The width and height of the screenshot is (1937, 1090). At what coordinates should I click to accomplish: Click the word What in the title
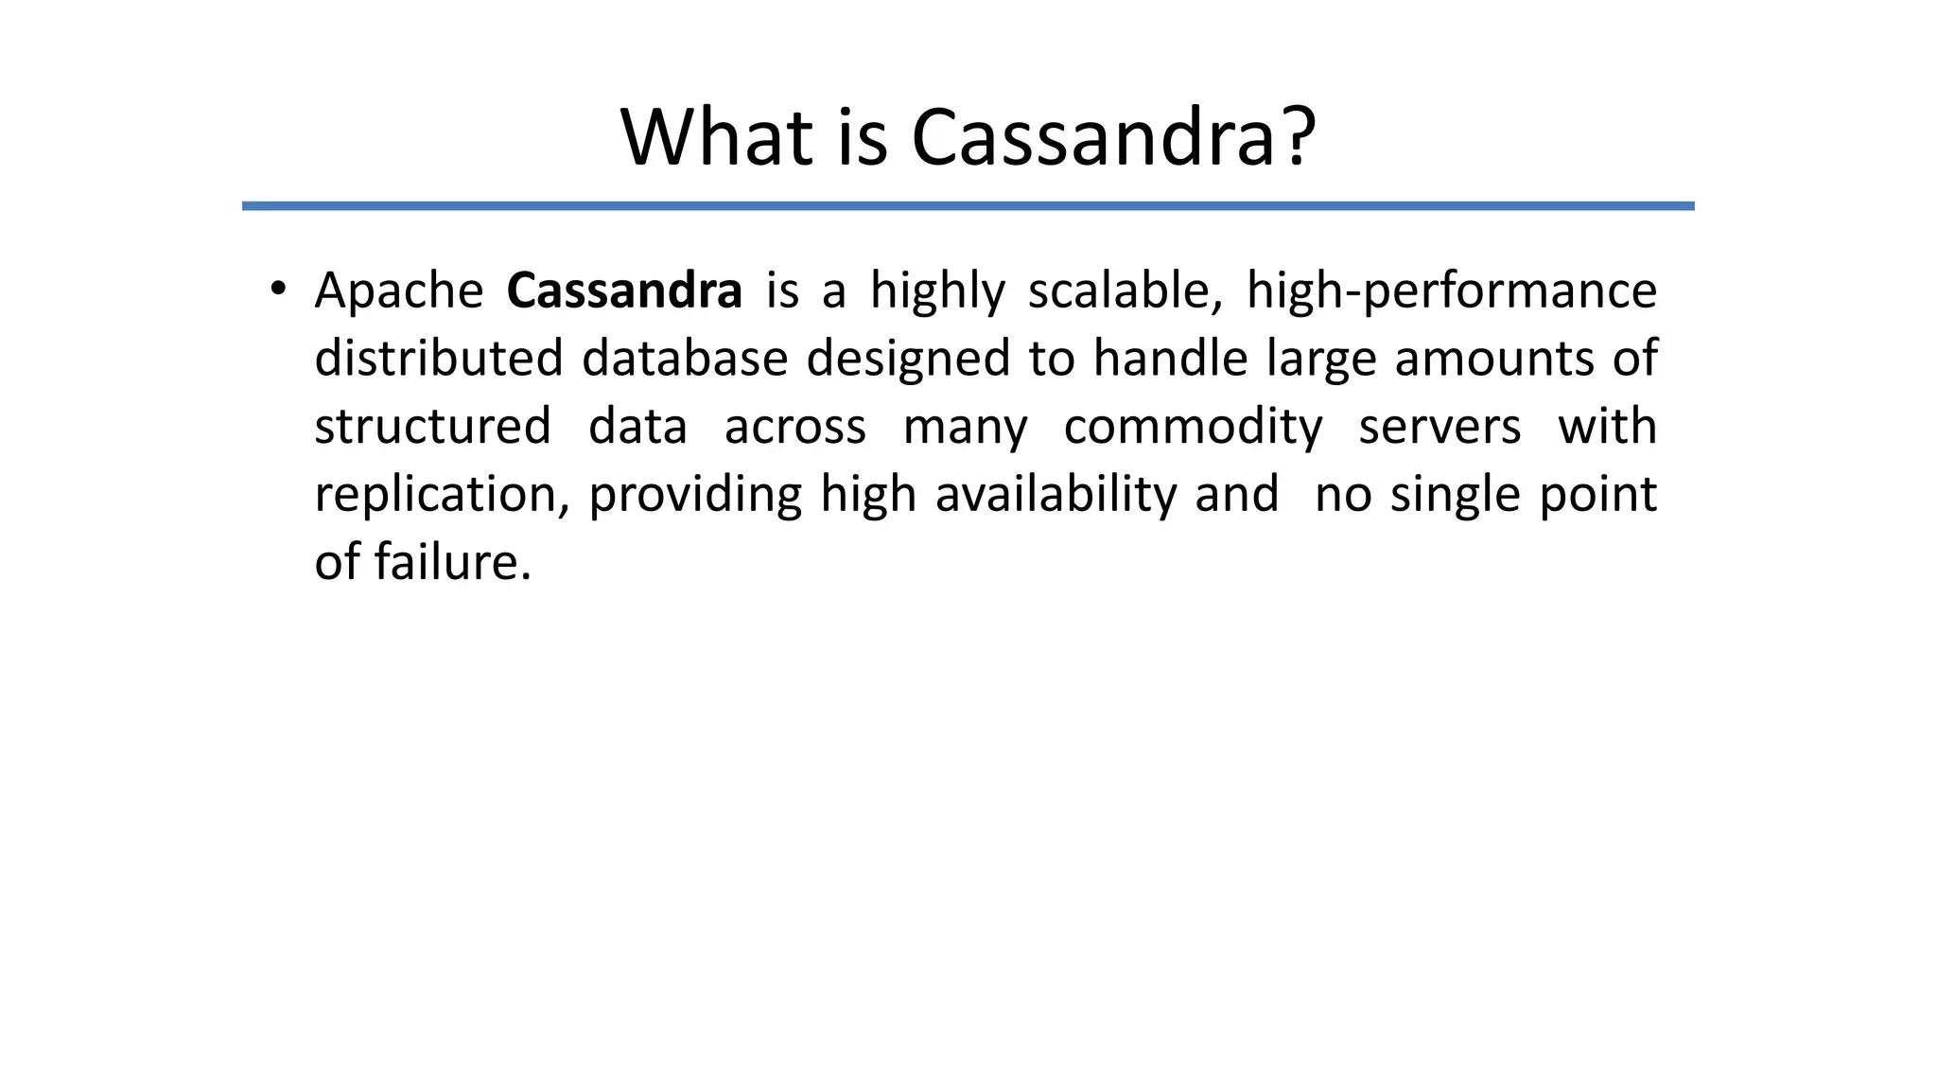[x=716, y=138]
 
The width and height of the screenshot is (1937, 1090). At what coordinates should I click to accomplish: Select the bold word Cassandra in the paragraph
[x=624, y=290]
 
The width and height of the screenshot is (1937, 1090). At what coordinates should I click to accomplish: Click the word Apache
[x=398, y=290]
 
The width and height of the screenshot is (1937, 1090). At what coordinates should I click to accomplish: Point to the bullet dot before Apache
[x=277, y=290]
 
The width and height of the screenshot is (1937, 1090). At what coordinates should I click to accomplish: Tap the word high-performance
[x=1451, y=290]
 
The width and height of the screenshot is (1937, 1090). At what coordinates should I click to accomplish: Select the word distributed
[x=438, y=359]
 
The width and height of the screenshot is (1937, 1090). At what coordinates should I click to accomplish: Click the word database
[x=685, y=359]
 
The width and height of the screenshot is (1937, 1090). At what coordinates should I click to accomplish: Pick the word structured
[x=432, y=427]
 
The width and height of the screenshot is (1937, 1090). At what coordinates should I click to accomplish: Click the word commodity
[x=1193, y=427]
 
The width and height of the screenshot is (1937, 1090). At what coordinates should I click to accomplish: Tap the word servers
[x=1440, y=427]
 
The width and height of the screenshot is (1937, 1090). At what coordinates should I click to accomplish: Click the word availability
[x=1056, y=495]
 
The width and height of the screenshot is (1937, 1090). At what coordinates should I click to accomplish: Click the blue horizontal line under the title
[x=968, y=206]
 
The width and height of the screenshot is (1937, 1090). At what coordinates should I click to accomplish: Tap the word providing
[x=695, y=495]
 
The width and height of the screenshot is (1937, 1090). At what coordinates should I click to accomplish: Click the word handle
[x=1170, y=359]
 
